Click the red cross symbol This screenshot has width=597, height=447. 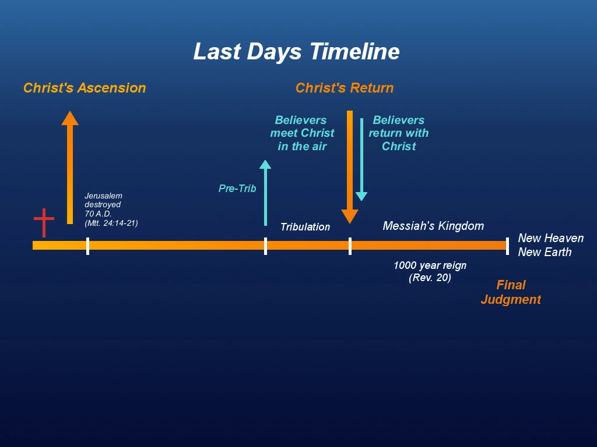[x=44, y=223]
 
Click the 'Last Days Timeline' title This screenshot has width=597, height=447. [x=296, y=52]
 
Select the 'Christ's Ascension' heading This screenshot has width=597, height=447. [x=85, y=88]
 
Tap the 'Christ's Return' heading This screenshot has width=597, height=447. [x=345, y=88]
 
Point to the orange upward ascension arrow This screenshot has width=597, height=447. [x=70, y=167]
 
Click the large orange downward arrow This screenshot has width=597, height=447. [x=350, y=167]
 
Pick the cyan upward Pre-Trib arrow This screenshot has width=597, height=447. [x=265, y=193]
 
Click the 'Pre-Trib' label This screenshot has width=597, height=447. [x=237, y=189]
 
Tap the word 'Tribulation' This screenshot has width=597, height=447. [x=305, y=227]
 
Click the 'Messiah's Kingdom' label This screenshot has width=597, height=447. [x=433, y=226]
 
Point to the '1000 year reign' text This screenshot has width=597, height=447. [x=430, y=265]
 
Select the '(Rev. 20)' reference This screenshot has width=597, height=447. [x=430, y=278]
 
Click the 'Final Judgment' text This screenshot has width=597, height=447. [x=511, y=292]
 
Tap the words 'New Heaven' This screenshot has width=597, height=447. [x=551, y=238]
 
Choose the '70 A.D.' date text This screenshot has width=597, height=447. [x=98, y=214]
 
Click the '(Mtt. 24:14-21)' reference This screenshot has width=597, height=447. [x=111, y=223]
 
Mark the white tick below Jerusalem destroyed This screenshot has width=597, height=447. [x=88, y=246]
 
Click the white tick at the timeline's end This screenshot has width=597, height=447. [x=508, y=246]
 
